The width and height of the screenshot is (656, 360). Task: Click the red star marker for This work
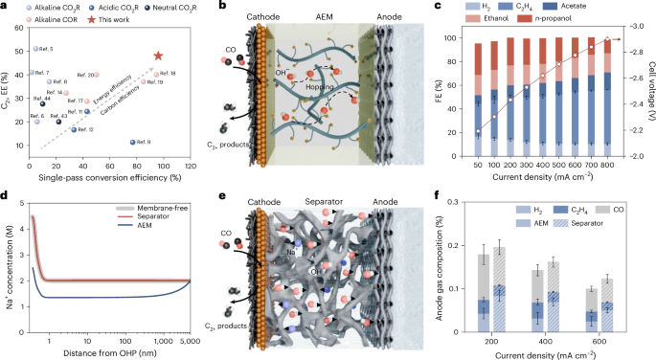(x=158, y=57)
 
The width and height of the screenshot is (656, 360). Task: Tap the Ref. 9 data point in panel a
(x=132, y=142)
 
